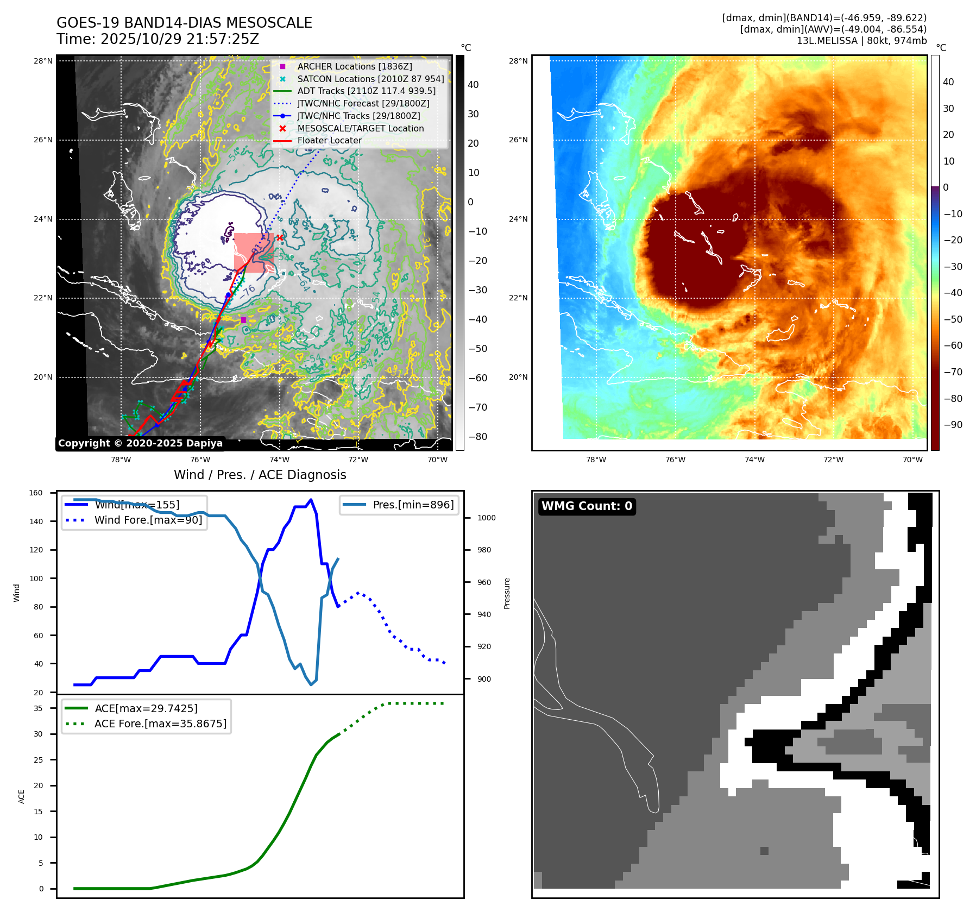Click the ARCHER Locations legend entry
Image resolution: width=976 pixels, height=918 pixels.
[354, 66]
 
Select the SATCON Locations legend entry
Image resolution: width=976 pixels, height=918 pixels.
[370, 79]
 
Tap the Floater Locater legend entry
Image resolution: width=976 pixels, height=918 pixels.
[329, 140]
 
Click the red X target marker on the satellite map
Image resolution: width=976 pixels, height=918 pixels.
[280, 237]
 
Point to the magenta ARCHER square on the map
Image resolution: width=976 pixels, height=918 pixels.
[243, 320]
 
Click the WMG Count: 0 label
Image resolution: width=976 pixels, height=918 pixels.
[587, 506]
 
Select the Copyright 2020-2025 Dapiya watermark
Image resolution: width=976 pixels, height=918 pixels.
[140, 443]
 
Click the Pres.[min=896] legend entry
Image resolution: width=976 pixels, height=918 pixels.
[413, 505]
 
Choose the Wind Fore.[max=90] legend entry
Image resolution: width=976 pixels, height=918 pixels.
[148, 520]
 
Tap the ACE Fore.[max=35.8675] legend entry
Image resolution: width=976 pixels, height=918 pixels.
[160, 724]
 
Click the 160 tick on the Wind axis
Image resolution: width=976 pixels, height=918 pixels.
[36, 493]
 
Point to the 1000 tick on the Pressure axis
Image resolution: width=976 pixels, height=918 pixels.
[486, 518]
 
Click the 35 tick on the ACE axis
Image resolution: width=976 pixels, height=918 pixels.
[38, 708]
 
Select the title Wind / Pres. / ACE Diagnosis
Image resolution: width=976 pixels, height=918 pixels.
[260, 475]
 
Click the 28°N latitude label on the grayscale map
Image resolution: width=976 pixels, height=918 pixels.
[43, 61]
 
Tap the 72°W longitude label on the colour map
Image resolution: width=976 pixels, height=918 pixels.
[833, 460]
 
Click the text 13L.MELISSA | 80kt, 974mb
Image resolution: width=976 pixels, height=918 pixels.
[861, 41]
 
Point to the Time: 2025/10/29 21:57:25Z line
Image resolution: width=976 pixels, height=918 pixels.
[158, 39]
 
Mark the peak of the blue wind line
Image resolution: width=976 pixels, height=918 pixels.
[311, 500]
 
